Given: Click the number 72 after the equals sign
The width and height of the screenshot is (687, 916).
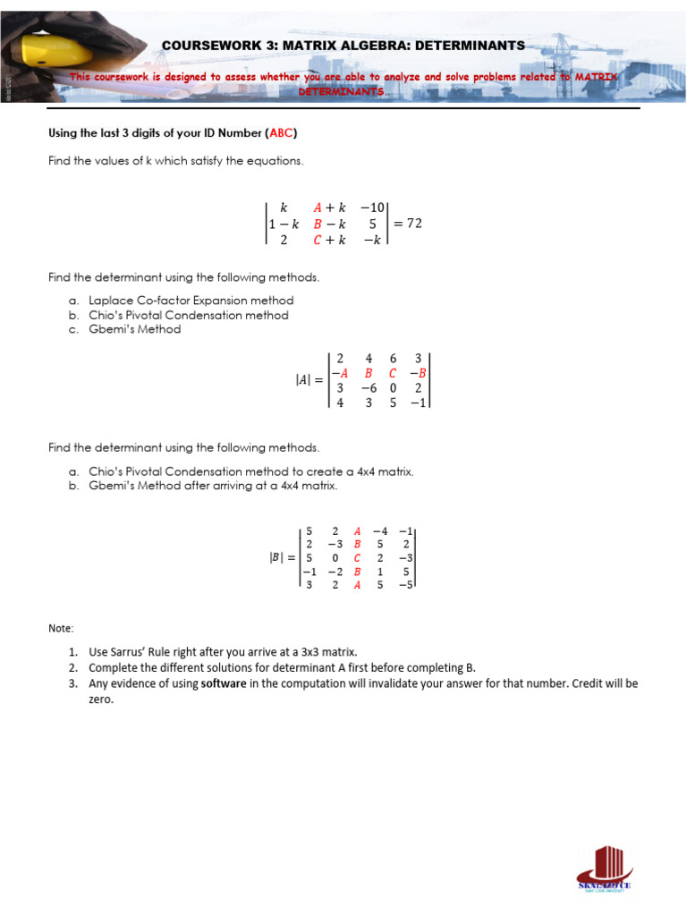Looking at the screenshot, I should (x=414, y=224).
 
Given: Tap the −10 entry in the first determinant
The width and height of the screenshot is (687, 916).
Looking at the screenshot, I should (x=372, y=208).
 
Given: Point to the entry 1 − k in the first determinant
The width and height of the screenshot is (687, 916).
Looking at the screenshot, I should (x=284, y=225).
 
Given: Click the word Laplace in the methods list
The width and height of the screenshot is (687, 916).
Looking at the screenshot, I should (x=109, y=301).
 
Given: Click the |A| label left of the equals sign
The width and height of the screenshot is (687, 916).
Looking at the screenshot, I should (x=304, y=380).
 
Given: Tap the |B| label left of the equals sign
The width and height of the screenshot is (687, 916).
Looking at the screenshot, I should (x=279, y=556).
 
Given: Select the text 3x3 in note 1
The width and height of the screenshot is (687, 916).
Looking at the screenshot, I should (x=317, y=652).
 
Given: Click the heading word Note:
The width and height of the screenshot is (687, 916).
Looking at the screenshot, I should (x=62, y=629).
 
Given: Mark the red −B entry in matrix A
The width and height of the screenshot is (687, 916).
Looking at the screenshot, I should (x=418, y=373).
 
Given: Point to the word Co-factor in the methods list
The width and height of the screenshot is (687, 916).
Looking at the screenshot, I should (x=157, y=301).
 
